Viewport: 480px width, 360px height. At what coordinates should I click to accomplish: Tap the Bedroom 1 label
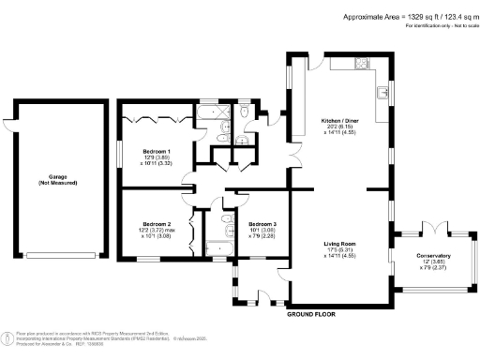(156, 151)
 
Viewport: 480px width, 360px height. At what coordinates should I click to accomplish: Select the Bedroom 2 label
(156, 224)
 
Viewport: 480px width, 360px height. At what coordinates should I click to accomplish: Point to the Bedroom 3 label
(262, 224)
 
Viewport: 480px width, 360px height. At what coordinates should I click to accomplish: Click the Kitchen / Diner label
(338, 121)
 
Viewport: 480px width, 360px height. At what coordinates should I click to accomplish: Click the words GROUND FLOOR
(311, 314)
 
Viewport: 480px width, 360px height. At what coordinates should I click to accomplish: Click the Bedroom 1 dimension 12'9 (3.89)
(156, 157)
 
